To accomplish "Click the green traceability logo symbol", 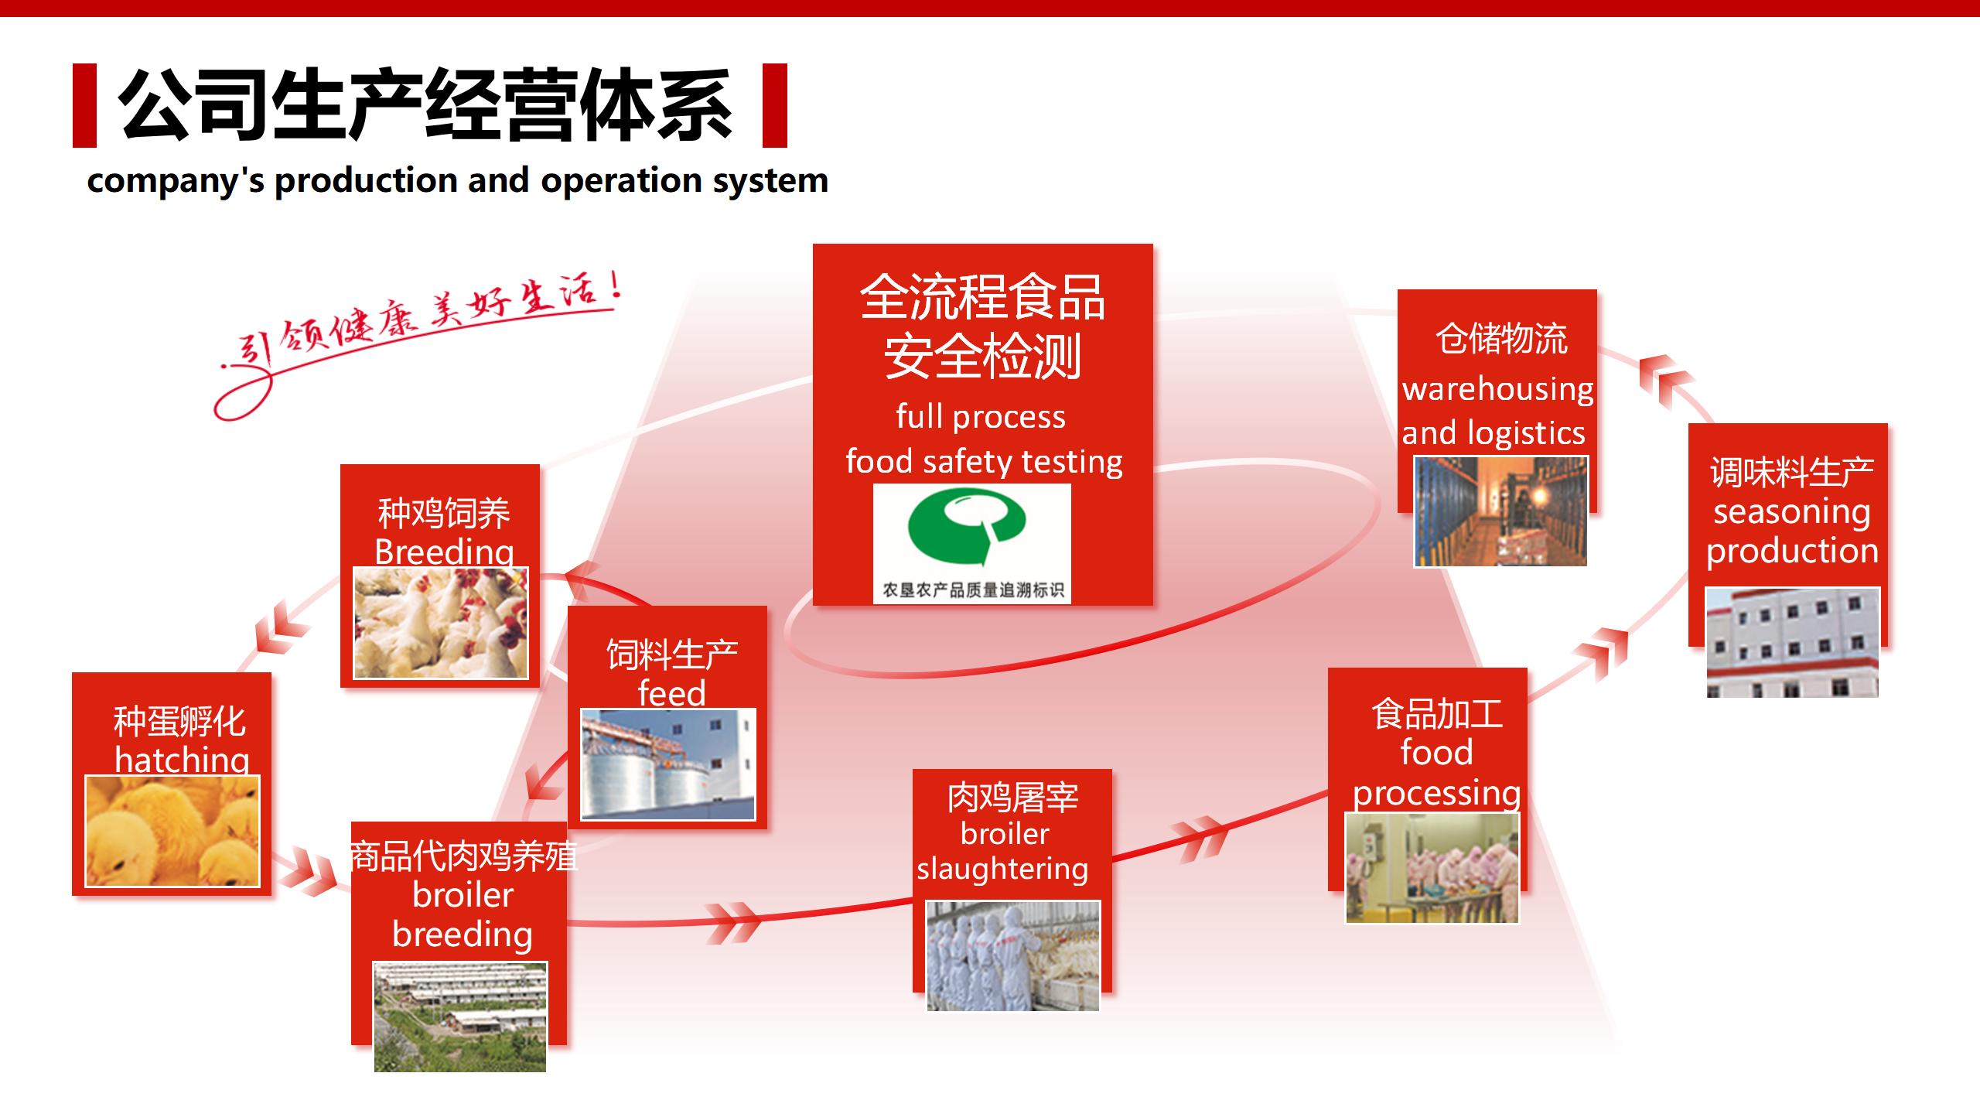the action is coord(967,529).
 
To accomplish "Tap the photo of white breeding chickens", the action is coord(441,624).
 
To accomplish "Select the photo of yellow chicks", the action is coord(172,831).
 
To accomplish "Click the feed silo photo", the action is coord(668,764).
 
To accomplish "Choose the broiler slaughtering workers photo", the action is coord(1013,956).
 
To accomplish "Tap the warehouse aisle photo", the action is coord(1501,511).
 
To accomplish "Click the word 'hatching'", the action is coord(183,760).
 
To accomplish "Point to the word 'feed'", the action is coord(671,693).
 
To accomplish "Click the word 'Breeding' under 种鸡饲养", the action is coord(444,552).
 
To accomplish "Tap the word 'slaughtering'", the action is coord(1002,870).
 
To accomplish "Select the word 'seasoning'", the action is coord(1791,513).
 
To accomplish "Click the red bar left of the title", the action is coord(84,105).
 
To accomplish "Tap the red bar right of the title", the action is coord(774,105).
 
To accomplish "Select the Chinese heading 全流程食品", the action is coord(982,297).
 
